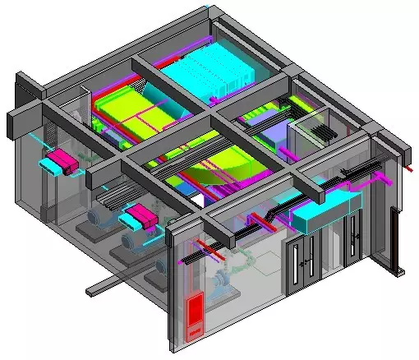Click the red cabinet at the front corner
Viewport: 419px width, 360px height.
pos(194,316)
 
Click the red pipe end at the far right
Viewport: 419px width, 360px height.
pos(404,168)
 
